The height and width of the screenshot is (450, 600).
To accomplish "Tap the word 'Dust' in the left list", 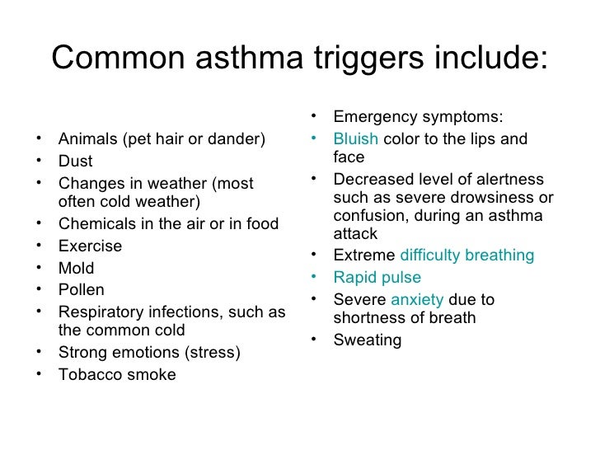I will pyautogui.click(x=75, y=162).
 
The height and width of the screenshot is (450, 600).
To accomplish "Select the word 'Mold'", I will pyautogui.click(x=77, y=268).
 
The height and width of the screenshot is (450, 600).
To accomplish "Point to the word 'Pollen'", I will pyautogui.click(x=82, y=290).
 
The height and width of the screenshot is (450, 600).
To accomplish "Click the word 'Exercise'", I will pyautogui.click(x=90, y=246).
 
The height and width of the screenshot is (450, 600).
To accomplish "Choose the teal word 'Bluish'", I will pyautogui.click(x=355, y=139).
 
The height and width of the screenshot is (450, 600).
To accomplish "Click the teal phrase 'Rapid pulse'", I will pyautogui.click(x=377, y=278).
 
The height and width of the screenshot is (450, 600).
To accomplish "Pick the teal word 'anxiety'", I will pyautogui.click(x=417, y=300).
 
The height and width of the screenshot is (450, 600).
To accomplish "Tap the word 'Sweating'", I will pyautogui.click(x=368, y=340).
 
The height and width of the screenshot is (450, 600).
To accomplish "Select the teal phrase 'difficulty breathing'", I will pyautogui.click(x=466, y=255).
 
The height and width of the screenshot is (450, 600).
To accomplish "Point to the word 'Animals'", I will pyautogui.click(x=88, y=139).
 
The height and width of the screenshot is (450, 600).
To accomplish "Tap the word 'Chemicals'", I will pyautogui.click(x=96, y=223).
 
